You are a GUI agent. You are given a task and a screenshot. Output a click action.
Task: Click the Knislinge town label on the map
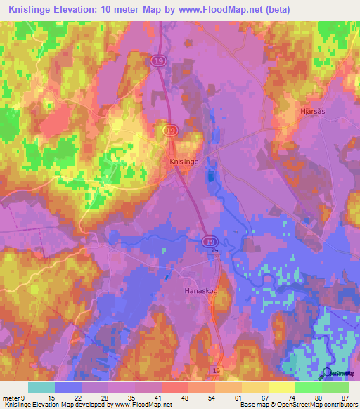click(184, 161)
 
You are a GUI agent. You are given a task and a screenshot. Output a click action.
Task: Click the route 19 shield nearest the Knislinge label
click(169, 131)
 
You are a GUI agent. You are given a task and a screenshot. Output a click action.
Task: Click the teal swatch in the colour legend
click(41, 388)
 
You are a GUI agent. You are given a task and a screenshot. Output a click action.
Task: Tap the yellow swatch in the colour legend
click(282, 388)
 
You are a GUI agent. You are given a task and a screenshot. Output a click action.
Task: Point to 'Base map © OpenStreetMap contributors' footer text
click(298, 405)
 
